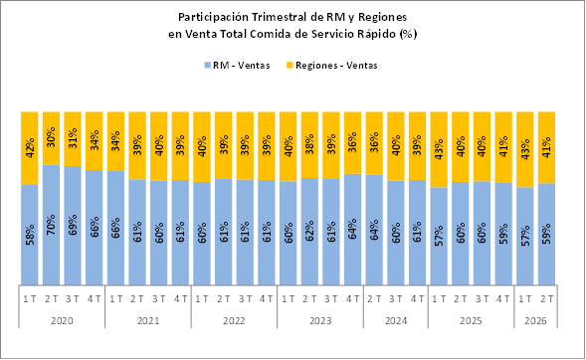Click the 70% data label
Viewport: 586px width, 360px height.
[51, 225]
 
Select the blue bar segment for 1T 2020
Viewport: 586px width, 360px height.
[30, 235]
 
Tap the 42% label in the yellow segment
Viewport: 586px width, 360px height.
[30, 148]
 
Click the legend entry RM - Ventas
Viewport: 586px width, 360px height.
[237, 66]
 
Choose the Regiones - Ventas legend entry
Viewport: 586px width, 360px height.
[332, 66]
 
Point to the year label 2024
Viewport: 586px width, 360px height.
[396, 321]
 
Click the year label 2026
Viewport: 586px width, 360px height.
[535, 321]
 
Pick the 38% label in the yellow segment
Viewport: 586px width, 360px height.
[309, 145]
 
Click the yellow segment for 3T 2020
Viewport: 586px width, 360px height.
[73, 139]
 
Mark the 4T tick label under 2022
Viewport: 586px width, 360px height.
[266, 298]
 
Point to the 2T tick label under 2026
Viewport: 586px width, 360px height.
[546, 298]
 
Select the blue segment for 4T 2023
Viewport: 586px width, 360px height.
[352, 230]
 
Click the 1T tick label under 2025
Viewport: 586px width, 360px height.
[439, 298]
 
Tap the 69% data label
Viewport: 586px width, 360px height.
[73, 225]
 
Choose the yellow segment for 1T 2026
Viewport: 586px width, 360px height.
[524, 149]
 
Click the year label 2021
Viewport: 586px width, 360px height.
[148, 321]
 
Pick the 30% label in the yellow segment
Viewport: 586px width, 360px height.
[51, 138]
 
